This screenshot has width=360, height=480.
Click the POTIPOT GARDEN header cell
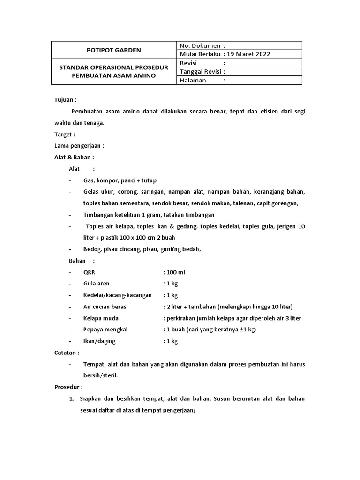(x=114, y=50)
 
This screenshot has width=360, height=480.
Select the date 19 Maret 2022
(x=248, y=54)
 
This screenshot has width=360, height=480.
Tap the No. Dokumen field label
(x=200, y=45)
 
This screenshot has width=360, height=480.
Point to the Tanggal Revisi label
(x=200, y=71)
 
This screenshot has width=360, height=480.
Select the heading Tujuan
(x=65, y=100)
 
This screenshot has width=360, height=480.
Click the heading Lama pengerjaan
(x=79, y=146)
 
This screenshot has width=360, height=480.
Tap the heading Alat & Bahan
(x=74, y=157)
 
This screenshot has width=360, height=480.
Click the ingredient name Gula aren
(x=96, y=284)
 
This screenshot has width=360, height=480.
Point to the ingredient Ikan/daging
(x=99, y=341)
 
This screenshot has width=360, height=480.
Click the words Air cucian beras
(x=105, y=307)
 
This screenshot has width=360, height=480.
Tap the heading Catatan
(x=67, y=352)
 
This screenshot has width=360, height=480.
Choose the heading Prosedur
(x=68, y=387)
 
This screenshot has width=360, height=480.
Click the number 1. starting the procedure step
(x=72, y=399)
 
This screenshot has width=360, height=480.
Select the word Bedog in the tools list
(x=91, y=249)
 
